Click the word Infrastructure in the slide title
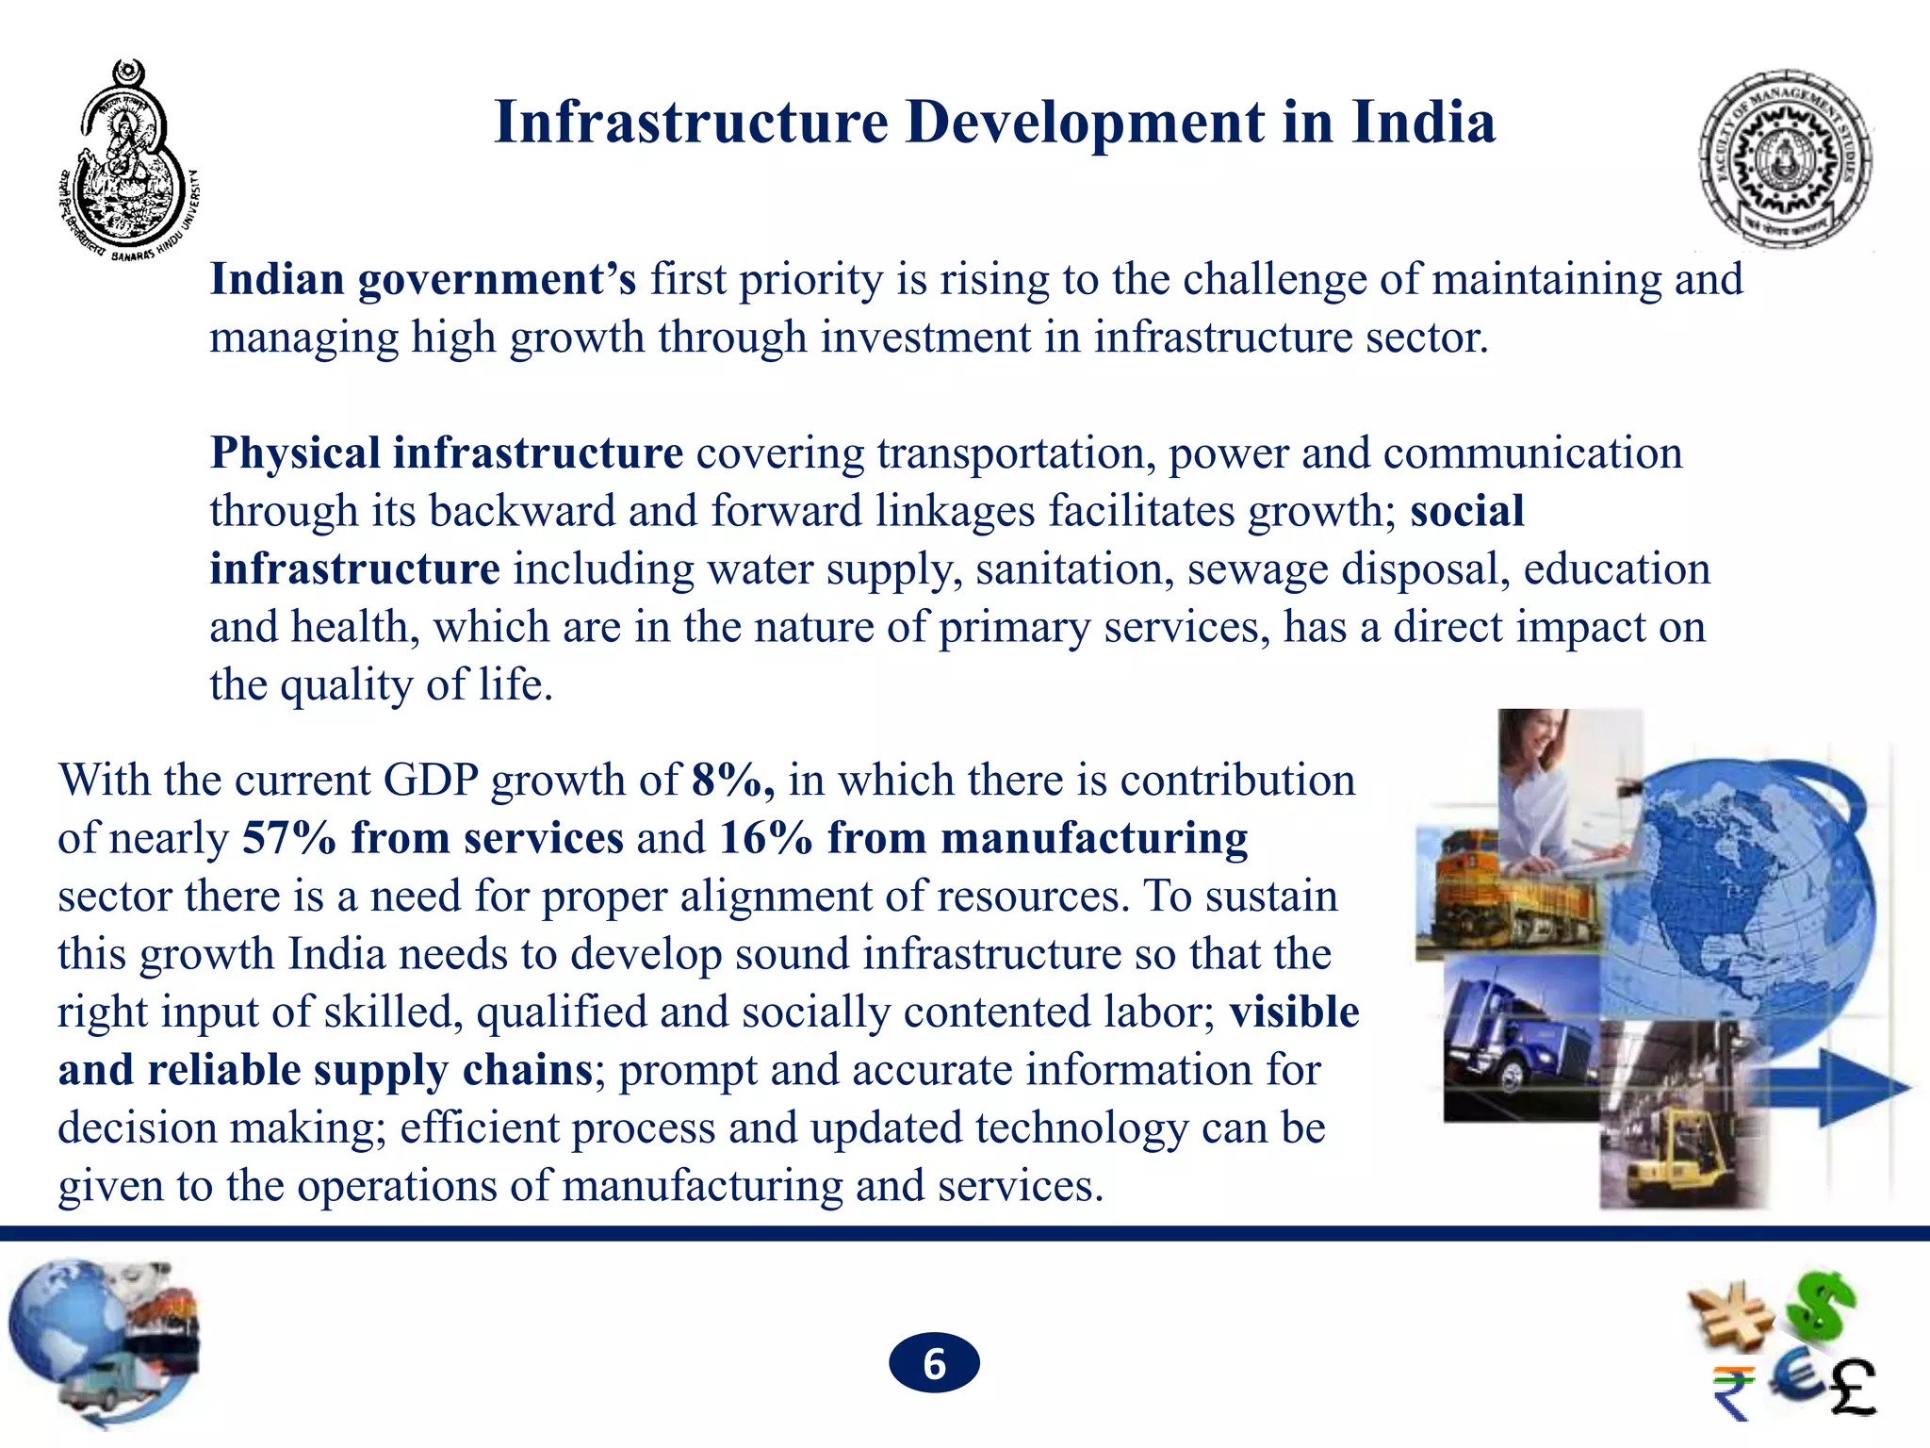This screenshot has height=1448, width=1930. (x=691, y=123)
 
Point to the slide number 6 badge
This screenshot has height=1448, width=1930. (x=934, y=1363)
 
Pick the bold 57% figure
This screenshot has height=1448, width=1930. (x=288, y=838)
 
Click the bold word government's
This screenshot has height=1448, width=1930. (x=497, y=280)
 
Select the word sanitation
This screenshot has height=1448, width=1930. (x=1074, y=569)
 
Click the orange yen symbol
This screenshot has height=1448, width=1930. (x=1730, y=1315)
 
